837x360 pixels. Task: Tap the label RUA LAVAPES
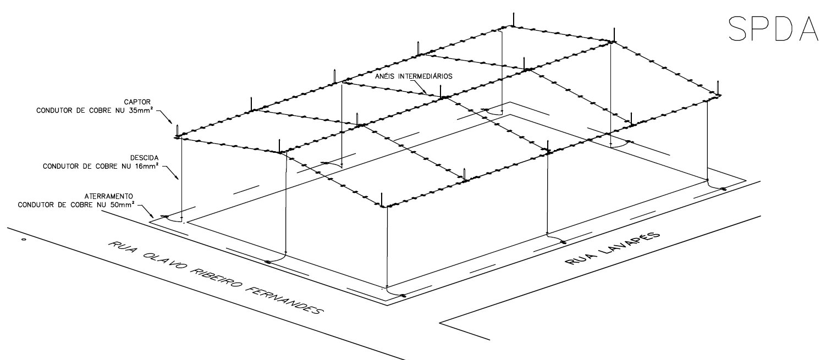click(x=612, y=247)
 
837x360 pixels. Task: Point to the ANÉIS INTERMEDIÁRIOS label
click(x=413, y=76)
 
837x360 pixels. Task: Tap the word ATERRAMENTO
click(x=108, y=196)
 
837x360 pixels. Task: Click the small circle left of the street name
click(x=23, y=240)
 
